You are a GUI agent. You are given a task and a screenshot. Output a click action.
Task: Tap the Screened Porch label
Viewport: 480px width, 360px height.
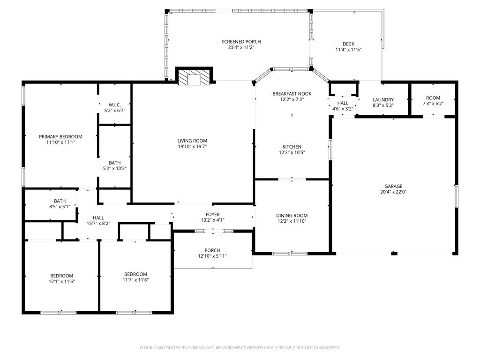click(x=241, y=42)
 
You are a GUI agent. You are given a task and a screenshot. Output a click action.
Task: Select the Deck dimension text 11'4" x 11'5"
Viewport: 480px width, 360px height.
click(x=348, y=50)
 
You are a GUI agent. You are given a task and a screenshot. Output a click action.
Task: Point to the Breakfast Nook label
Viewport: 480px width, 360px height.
click(x=292, y=94)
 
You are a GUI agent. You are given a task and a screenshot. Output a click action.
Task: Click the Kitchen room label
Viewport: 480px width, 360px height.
click(x=292, y=147)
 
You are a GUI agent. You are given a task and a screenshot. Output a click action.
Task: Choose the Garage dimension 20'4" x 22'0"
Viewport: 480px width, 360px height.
click(x=393, y=192)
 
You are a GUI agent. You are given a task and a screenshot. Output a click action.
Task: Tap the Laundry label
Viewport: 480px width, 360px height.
click(x=383, y=100)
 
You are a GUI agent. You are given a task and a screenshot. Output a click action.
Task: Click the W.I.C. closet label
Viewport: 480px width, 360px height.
click(x=115, y=105)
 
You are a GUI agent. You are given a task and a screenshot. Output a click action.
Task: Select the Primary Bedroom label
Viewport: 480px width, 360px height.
click(x=60, y=137)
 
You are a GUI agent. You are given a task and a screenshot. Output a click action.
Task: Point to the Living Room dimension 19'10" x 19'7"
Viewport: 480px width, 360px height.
click(x=192, y=147)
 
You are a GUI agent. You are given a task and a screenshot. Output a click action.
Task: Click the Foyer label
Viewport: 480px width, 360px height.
click(x=212, y=215)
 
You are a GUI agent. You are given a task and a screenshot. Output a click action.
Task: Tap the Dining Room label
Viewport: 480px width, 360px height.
click(x=292, y=216)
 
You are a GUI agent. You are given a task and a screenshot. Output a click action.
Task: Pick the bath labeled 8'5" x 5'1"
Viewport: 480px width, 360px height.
click(x=60, y=204)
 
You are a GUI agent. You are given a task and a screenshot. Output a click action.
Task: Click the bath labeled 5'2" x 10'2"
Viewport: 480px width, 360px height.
click(x=115, y=165)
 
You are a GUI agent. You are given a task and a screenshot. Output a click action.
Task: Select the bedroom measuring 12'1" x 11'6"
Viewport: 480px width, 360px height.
click(x=62, y=278)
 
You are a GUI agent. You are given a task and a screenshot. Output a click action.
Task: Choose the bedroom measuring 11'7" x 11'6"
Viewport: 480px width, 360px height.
click(x=135, y=277)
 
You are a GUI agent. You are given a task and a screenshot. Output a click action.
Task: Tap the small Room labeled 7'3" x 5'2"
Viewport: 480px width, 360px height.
click(x=433, y=101)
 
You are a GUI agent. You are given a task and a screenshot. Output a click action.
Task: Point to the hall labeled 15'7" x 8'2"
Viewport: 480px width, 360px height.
click(x=98, y=221)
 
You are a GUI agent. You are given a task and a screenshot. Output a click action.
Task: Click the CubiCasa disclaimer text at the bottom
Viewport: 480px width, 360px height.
click(x=240, y=348)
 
